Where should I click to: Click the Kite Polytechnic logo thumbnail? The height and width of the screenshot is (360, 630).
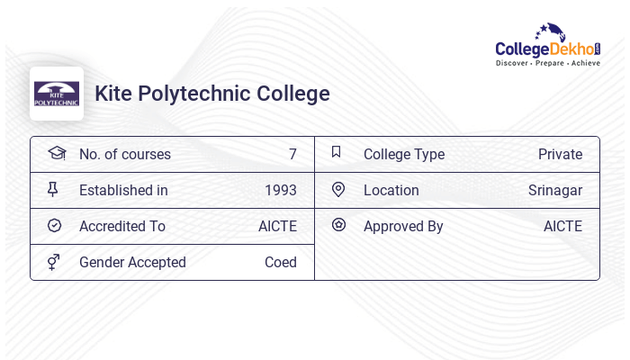[x=57, y=94]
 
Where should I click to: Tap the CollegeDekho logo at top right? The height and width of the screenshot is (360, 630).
[x=548, y=46]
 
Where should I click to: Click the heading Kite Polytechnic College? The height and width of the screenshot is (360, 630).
[x=212, y=94]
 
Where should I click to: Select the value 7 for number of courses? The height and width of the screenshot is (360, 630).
[x=292, y=154]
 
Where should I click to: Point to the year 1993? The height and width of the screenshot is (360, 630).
[x=281, y=190]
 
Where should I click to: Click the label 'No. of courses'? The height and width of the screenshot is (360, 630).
[x=125, y=154]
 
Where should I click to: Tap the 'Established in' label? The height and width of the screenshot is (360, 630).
[x=123, y=190]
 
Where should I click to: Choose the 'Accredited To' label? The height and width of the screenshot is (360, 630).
[x=122, y=226]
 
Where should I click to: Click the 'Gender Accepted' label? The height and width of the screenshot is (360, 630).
[x=132, y=262]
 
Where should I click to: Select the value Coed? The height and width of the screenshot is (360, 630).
[x=281, y=262]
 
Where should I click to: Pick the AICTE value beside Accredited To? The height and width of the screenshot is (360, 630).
[x=277, y=226]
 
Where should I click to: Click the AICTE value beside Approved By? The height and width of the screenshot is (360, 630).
[x=562, y=226]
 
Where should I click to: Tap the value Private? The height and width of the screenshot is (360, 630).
[x=560, y=154]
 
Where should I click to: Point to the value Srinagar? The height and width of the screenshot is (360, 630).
[x=555, y=190]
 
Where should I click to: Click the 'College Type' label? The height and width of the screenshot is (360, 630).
[x=404, y=154]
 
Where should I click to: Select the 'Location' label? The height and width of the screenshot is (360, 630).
[x=391, y=190]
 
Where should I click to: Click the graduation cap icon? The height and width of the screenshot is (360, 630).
[x=57, y=153]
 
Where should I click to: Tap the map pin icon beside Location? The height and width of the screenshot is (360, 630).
[x=338, y=189]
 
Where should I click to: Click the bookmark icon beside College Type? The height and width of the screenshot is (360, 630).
[x=337, y=152]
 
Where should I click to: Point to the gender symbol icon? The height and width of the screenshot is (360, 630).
[x=54, y=262]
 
